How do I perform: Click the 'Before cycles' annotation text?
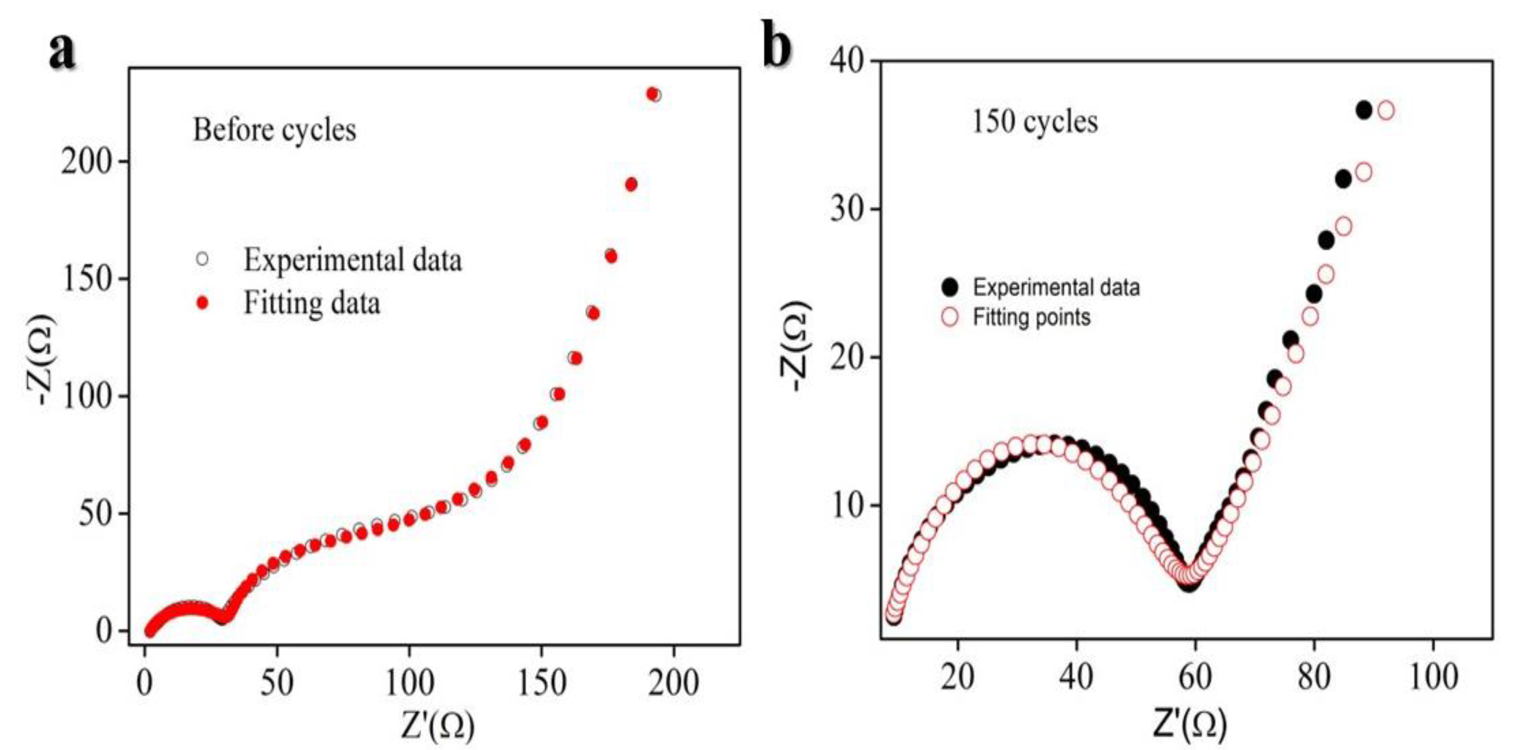(274, 130)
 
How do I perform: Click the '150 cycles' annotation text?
(1034, 122)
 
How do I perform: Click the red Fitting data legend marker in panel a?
(203, 303)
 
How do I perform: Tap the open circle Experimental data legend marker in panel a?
(203, 259)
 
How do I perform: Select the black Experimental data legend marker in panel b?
(949, 287)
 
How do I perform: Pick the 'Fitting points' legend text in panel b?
(1031, 318)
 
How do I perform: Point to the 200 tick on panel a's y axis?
(88, 162)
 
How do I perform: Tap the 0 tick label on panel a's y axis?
(103, 631)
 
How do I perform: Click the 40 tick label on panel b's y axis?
(847, 61)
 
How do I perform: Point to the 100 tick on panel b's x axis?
(1433, 676)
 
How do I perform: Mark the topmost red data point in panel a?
(652, 94)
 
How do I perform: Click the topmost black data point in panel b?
(1364, 110)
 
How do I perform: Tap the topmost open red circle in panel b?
(1386, 110)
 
